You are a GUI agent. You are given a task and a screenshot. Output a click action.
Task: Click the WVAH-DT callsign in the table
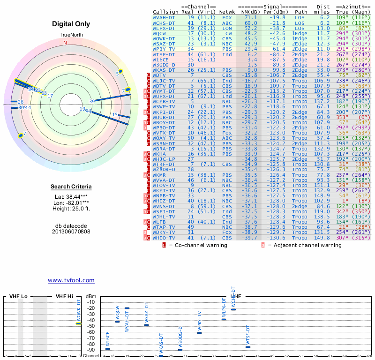click(164, 17)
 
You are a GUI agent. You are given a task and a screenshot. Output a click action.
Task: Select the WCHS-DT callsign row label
click(164, 22)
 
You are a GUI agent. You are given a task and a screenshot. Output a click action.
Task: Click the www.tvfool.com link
click(71, 280)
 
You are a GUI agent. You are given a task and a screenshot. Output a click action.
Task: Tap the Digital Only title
click(71, 24)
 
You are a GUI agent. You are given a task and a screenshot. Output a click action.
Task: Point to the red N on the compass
click(65, 43)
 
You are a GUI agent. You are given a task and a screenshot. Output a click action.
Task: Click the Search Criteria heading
click(71, 187)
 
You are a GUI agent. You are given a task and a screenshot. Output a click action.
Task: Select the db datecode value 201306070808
click(71, 232)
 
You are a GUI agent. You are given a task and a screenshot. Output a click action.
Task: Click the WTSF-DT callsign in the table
click(164, 54)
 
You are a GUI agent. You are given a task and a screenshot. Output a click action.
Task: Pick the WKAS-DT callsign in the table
click(164, 70)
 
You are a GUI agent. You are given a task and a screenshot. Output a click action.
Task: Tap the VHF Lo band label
click(18, 296)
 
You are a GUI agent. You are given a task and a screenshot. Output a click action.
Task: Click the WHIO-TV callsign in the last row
click(164, 238)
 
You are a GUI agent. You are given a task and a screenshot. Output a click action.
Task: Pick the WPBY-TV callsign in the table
click(164, 49)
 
